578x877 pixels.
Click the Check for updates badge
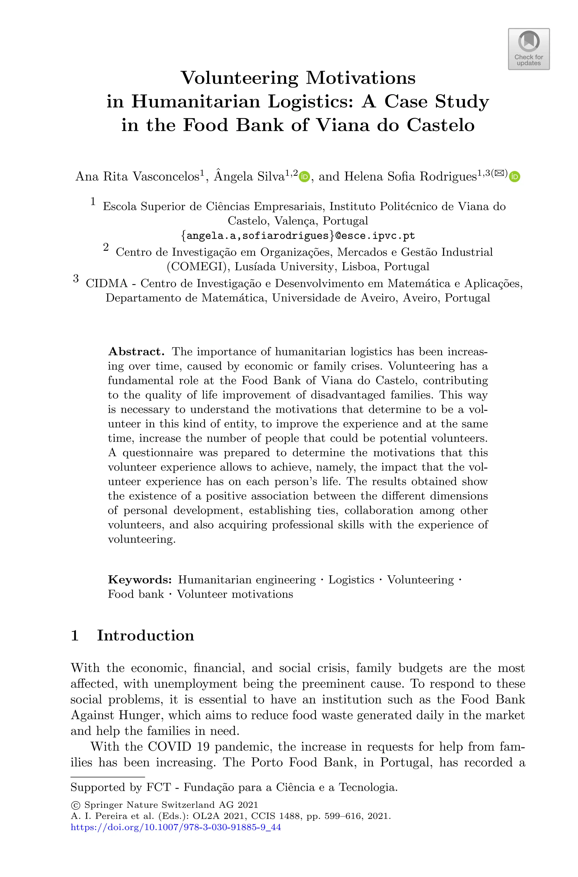click(x=529, y=49)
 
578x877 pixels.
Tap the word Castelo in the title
click(x=441, y=125)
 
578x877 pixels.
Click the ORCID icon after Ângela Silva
click(x=304, y=177)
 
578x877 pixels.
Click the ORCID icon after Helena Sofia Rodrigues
click(x=514, y=177)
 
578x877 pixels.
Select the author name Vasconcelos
click(x=165, y=177)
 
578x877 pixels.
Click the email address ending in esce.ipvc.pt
click(x=298, y=236)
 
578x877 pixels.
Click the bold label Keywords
click(x=140, y=580)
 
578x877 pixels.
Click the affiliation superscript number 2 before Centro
click(x=106, y=247)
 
